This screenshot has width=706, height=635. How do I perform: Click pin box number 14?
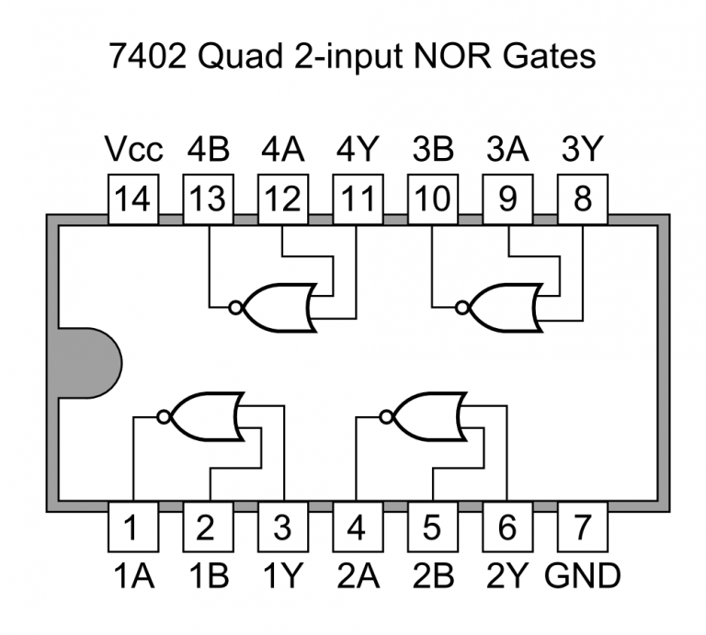pyautogui.click(x=133, y=198)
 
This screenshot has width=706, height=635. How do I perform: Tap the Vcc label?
pyautogui.click(x=133, y=150)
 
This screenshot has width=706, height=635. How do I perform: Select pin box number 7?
pyautogui.click(x=583, y=527)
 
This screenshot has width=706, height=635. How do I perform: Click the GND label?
pyautogui.click(x=583, y=576)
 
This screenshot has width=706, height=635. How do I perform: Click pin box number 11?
pyautogui.click(x=359, y=198)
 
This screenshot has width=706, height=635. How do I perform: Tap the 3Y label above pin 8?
pyautogui.click(x=583, y=150)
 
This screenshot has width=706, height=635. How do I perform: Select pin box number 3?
pyautogui.click(x=283, y=527)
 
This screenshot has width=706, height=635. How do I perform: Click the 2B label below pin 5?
pyautogui.click(x=433, y=576)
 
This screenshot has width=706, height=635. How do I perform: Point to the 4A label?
pyautogui.click(x=283, y=150)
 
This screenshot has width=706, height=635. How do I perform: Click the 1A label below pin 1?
pyautogui.click(x=133, y=576)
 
